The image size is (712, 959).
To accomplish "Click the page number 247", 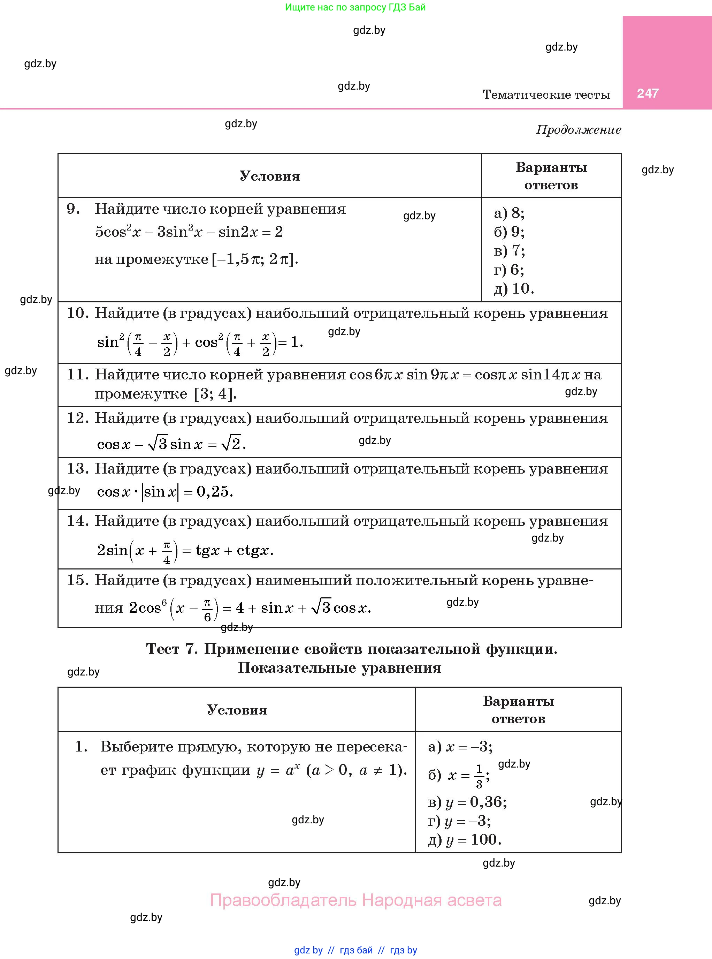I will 647,93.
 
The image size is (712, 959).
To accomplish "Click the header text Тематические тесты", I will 546,95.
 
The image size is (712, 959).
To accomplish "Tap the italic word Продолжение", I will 579,130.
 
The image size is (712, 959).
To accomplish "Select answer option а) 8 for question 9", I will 509,213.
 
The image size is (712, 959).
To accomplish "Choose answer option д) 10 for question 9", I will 514,288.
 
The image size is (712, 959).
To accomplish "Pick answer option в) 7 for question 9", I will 509,250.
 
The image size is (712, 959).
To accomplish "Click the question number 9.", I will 73,209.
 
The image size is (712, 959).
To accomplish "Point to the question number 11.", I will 77,374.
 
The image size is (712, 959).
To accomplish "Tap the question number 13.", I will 77,469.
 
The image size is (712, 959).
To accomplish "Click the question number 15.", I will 77,580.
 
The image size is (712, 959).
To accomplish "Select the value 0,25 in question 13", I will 215,492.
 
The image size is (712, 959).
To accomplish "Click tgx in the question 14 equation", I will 208,551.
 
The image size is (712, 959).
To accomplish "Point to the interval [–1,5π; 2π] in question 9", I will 255,259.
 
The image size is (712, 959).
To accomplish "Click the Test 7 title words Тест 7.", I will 171,649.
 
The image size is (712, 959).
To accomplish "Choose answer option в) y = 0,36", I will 467,802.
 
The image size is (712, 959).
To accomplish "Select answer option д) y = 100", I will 465,839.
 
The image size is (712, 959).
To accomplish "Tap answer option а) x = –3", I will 460,746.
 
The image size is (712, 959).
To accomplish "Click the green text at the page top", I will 355,7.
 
